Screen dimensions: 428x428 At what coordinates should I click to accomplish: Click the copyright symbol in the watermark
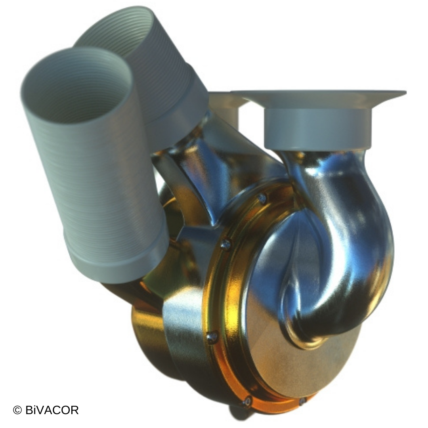[x=17, y=410]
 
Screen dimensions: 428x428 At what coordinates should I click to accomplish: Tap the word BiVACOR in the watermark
[x=52, y=410]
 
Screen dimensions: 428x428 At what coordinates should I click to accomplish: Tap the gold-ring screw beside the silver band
[x=212, y=337]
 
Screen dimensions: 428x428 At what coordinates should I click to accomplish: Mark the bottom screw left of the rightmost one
[x=247, y=401]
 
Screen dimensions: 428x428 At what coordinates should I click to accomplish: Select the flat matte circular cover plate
[x=277, y=357]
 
